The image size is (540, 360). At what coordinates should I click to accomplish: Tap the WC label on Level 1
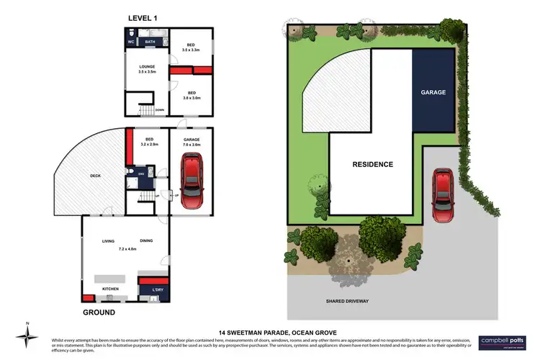pyautogui.click(x=131, y=42)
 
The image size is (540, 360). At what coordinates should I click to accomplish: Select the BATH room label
pyautogui.click(x=150, y=42)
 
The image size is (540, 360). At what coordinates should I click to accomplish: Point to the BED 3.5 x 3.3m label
pyautogui.click(x=192, y=46)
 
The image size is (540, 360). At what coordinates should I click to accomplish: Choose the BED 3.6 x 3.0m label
pyautogui.click(x=192, y=95)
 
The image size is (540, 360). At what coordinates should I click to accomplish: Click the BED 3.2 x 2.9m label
pyautogui.click(x=149, y=141)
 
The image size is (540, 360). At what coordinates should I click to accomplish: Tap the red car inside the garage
pyautogui.click(x=192, y=179)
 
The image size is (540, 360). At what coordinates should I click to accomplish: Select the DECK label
pyautogui.click(x=95, y=175)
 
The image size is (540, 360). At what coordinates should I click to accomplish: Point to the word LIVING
pyautogui.click(x=109, y=242)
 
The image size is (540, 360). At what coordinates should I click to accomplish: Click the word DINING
pyautogui.click(x=147, y=242)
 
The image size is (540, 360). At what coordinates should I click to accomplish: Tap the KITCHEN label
pyautogui.click(x=110, y=289)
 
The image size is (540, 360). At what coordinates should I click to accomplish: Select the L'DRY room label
pyautogui.click(x=156, y=289)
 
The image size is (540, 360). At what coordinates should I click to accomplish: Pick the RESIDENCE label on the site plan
pyautogui.click(x=372, y=164)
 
